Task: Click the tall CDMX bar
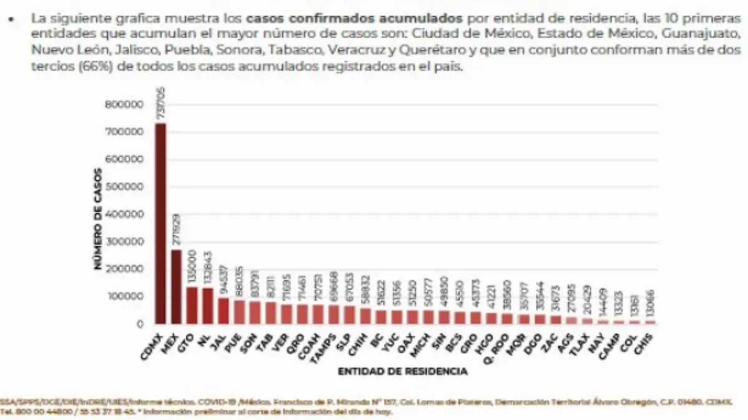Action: (x=161, y=225)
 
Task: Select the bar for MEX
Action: (x=176, y=287)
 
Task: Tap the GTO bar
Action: (x=192, y=305)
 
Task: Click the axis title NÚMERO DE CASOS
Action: (x=98, y=218)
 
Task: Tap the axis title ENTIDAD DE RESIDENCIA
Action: (x=403, y=371)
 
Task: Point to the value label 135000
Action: (x=192, y=268)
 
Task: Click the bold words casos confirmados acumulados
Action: (x=355, y=18)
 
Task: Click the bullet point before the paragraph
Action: (x=11, y=19)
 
